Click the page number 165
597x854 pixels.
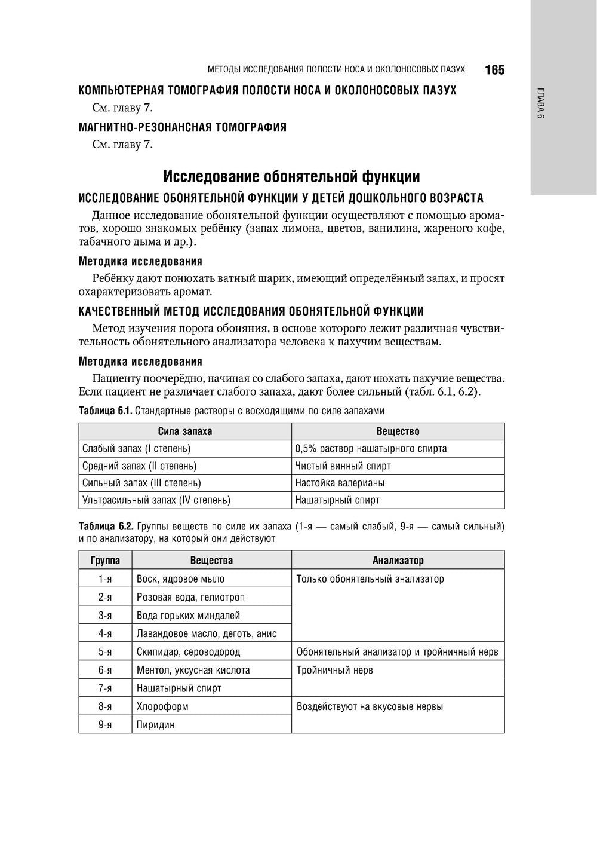[x=494, y=70]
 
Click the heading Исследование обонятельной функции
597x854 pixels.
[x=291, y=177]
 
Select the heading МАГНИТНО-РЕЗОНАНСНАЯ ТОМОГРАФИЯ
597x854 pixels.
[x=183, y=127]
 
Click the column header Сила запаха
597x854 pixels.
[x=185, y=431]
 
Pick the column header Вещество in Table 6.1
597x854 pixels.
[x=398, y=431]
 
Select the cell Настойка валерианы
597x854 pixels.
[x=340, y=483]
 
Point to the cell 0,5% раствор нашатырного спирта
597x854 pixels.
[x=371, y=448]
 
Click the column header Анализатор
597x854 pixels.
[x=398, y=561]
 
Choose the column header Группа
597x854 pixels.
[x=105, y=561]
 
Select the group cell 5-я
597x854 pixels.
[x=105, y=652]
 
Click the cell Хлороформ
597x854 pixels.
[x=162, y=706]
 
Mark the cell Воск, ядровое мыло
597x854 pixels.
[x=180, y=579]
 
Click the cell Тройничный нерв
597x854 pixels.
[x=334, y=671]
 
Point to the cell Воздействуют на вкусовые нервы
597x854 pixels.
[x=370, y=707]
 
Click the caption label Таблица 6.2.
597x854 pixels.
[x=106, y=527]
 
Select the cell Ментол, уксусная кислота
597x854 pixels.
[x=193, y=671]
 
